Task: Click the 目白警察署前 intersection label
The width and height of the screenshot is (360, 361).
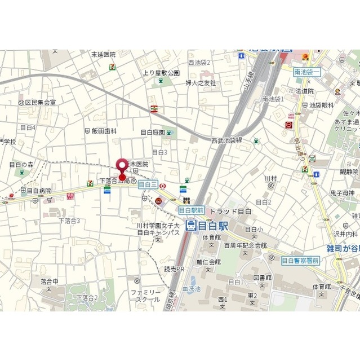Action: tap(300, 260)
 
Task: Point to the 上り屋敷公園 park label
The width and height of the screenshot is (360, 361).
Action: tap(161, 73)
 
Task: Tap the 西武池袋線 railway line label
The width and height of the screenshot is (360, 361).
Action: tap(226, 140)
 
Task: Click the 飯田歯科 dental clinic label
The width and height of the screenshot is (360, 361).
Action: tap(104, 130)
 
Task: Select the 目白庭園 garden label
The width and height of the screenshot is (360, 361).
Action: tap(152, 132)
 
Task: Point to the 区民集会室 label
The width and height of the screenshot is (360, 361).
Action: tap(41, 103)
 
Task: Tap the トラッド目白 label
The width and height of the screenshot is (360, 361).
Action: tap(228, 211)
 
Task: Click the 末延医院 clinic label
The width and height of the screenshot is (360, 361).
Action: tap(104, 55)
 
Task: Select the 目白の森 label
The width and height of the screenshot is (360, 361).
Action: tap(21, 164)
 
